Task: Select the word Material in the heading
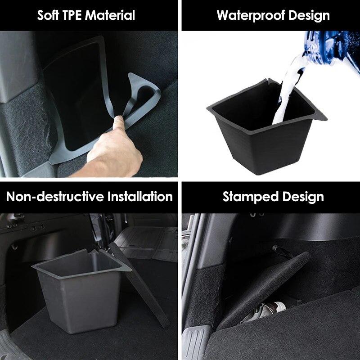click(x=111, y=15)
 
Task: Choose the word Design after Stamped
click(x=303, y=197)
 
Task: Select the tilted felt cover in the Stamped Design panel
click(x=265, y=283)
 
